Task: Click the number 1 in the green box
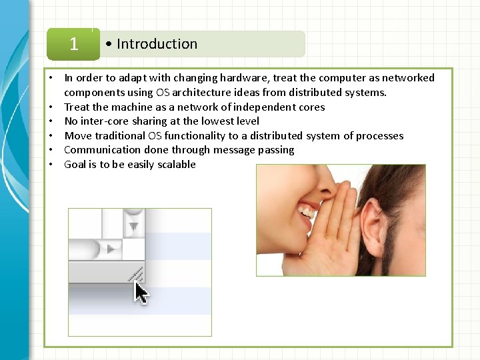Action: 73,44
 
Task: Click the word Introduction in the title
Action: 157,44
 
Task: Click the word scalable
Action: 177,164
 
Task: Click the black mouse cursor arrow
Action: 141,293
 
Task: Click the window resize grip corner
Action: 136,273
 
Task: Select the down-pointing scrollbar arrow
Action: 134,225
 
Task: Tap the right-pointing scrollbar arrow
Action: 111,249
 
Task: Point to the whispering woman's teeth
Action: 308,211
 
